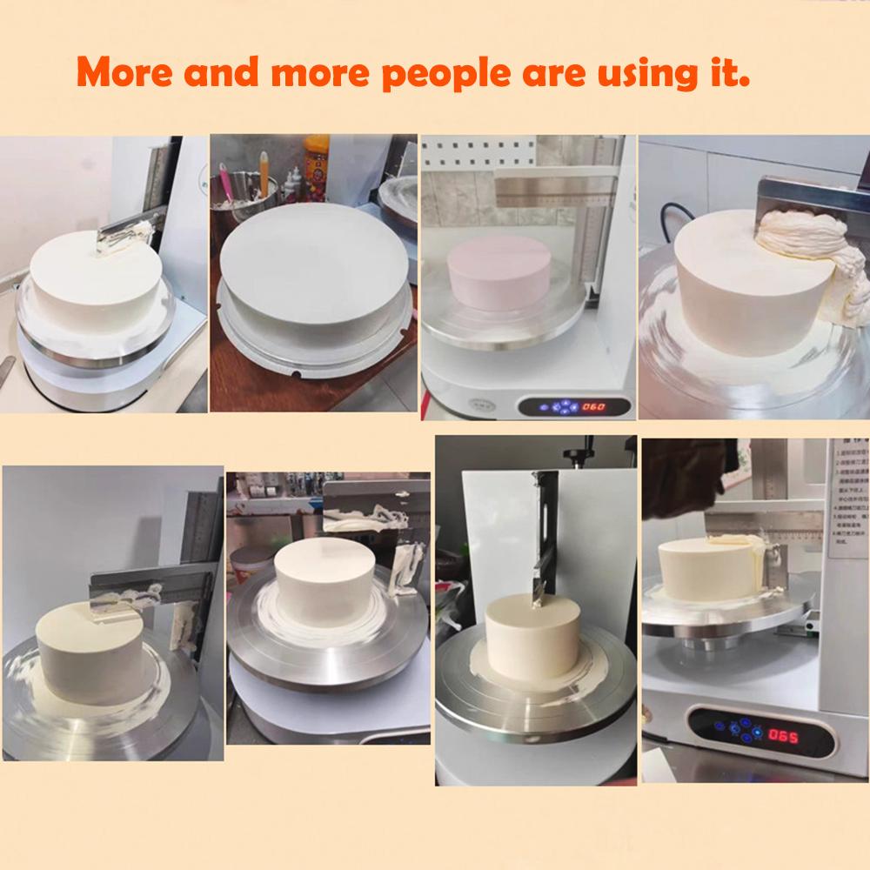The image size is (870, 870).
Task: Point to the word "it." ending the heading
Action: [729, 72]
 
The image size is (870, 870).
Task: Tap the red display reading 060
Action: [594, 405]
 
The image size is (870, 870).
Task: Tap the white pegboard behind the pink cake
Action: [461, 165]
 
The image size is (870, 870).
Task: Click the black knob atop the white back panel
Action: [574, 454]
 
